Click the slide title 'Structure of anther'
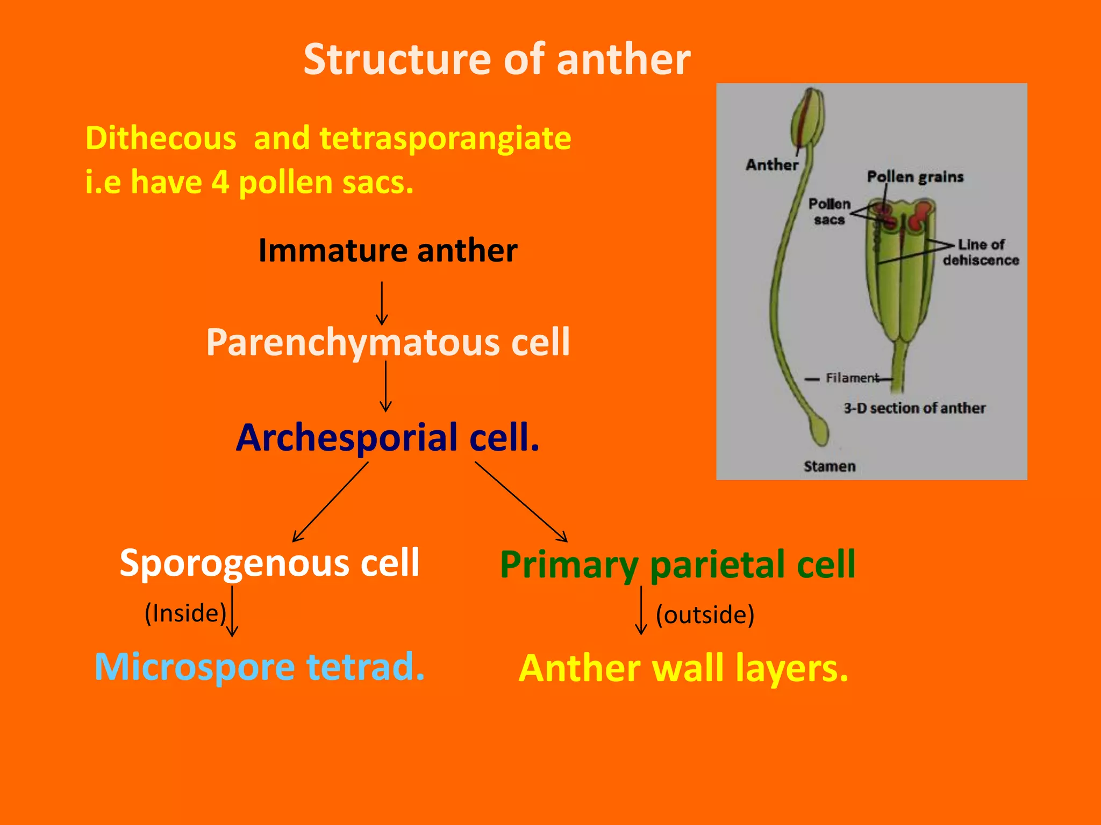pos(497,59)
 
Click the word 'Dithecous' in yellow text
pos(161,138)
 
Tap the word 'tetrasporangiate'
pos(445,138)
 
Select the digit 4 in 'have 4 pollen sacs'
pos(220,182)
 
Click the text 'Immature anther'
pos(388,250)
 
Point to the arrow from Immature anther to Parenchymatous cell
pos(382,303)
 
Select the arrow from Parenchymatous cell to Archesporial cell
pos(385,386)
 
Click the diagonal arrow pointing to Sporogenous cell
pos(330,502)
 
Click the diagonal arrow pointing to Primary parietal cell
pos(521,502)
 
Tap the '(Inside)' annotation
pos(185,613)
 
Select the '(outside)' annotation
pos(705,614)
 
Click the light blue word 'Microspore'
pos(195,667)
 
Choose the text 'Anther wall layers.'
pos(683,668)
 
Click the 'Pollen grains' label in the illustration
pos(915,177)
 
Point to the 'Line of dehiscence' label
pos(981,252)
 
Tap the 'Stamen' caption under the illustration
pos(830,466)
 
